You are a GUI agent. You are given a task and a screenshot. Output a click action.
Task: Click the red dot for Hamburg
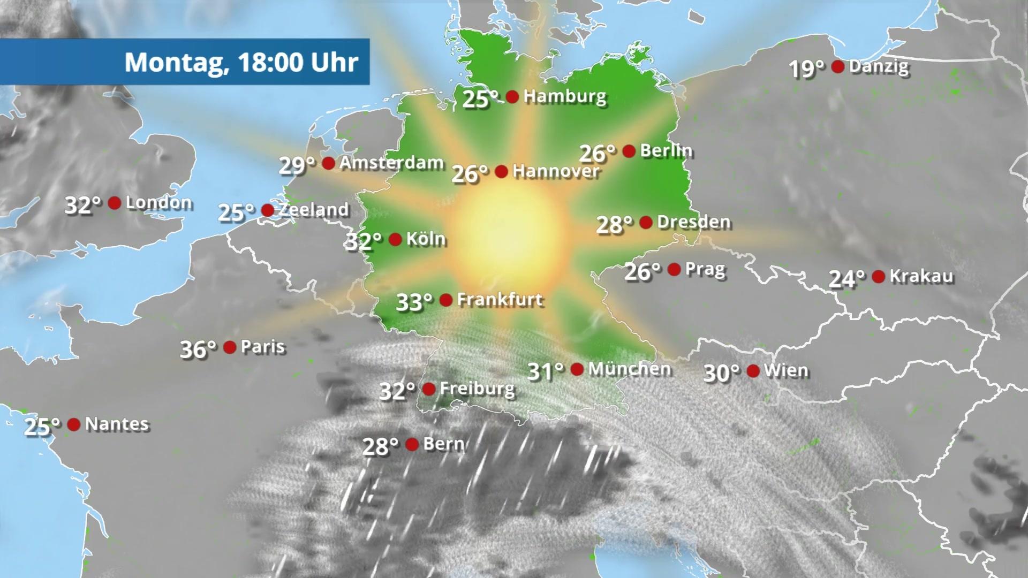click(x=512, y=97)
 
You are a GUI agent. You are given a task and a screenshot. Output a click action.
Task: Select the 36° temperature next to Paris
click(x=198, y=349)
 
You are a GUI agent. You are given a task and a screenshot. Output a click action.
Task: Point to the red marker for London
click(x=114, y=203)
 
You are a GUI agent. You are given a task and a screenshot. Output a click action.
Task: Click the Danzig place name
click(x=879, y=67)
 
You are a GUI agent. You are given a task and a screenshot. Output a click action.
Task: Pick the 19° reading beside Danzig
click(x=807, y=69)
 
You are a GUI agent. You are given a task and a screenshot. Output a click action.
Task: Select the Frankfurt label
click(x=500, y=300)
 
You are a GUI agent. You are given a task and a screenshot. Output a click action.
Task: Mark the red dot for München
click(x=577, y=369)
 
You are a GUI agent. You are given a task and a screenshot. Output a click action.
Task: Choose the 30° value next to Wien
click(x=721, y=373)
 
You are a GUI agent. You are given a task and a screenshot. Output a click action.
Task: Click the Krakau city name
click(x=921, y=276)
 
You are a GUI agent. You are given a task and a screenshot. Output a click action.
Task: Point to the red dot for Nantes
click(x=74, y=424)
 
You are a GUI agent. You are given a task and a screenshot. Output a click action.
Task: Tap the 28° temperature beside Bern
click(x=381, y=446)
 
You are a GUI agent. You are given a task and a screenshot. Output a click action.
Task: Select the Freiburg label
click(x=477, y=389)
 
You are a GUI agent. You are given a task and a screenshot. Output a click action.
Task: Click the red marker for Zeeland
click(x=267, y=210)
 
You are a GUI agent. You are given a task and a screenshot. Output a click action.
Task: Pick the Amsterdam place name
click(x=391, y=163)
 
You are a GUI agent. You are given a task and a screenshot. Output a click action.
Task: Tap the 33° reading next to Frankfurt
click(x=414, y=302)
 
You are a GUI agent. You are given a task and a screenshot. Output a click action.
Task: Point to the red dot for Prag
click(x=674, y=269)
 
